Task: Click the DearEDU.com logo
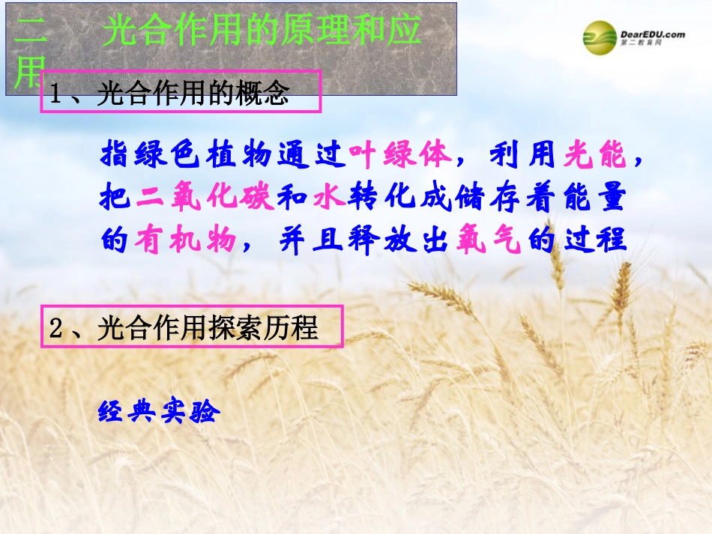634,38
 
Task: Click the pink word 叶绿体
401,154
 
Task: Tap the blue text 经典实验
157,411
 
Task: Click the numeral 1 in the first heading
56,94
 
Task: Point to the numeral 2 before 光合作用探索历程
56,328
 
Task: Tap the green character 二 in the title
30,32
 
